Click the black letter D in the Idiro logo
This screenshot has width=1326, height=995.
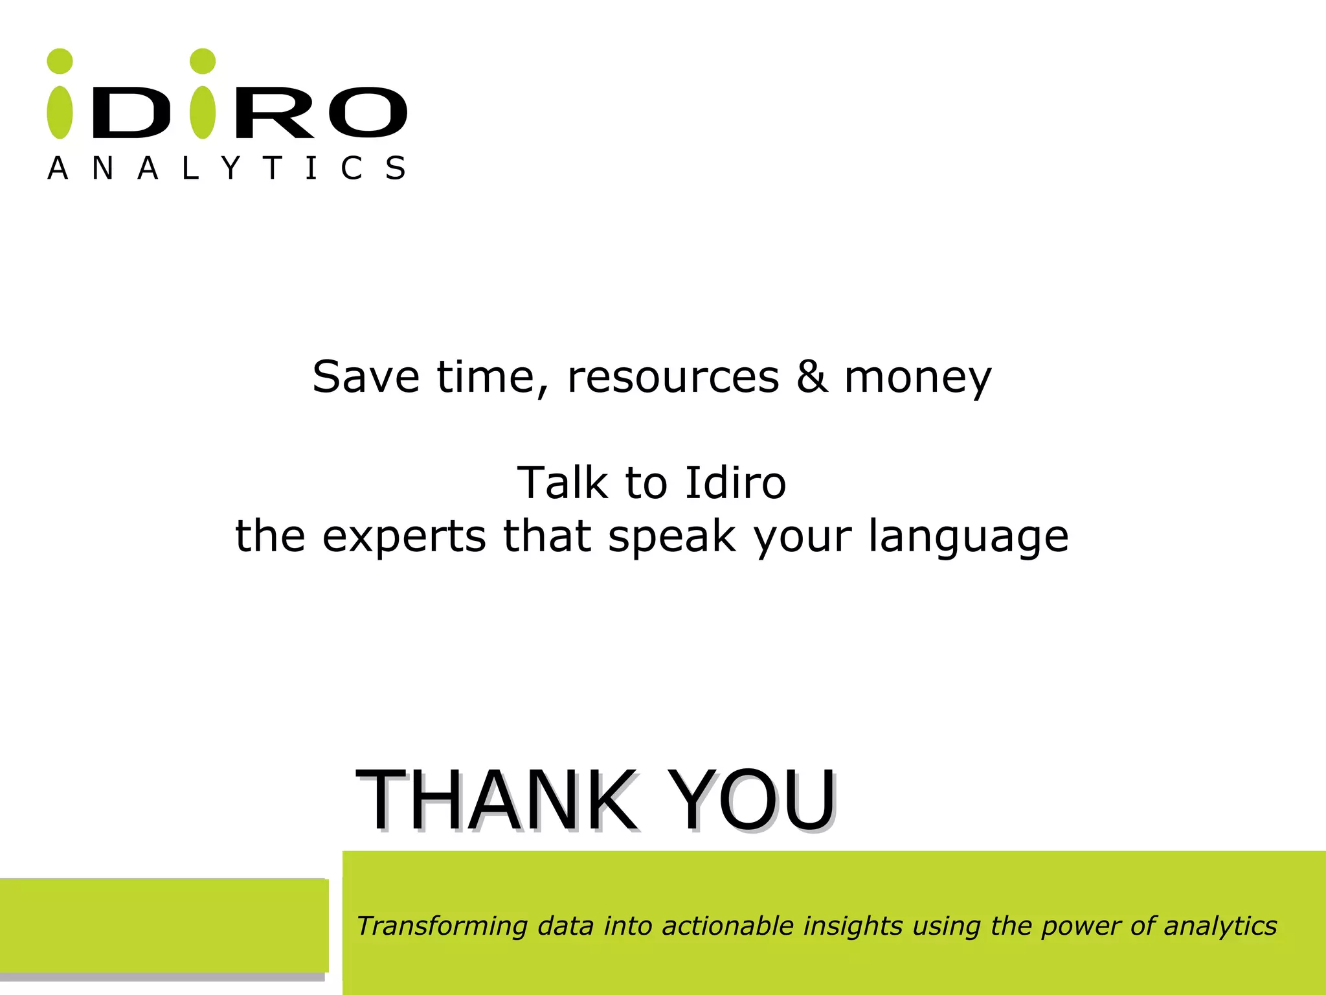(x=131, y=113)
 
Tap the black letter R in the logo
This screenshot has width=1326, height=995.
(x=275, y=113)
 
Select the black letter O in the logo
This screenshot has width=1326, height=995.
(x=368, y=113)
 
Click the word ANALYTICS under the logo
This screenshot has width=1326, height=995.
(x=227, y=168)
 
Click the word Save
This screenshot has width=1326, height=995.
(x=366, y=377)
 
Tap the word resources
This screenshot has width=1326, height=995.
(x=673, y=377)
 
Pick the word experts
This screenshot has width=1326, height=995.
(x=404, y=538)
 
